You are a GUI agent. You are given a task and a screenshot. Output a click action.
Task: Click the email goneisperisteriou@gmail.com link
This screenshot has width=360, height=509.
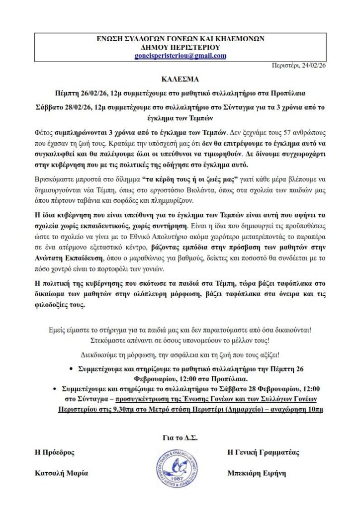pos(180,56)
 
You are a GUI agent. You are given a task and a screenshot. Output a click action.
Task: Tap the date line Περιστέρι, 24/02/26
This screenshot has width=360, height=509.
pos(298,65)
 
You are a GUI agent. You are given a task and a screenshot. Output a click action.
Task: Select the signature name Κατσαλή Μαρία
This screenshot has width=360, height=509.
pos(61,473)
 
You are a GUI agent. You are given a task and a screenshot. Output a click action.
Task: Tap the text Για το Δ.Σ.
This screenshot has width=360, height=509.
pos(180,437)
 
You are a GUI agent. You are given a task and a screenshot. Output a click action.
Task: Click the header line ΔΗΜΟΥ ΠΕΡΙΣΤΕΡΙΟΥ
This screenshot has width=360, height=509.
pos(180,47)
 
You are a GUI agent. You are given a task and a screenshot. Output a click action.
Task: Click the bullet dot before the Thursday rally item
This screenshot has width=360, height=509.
pos(74,370)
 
